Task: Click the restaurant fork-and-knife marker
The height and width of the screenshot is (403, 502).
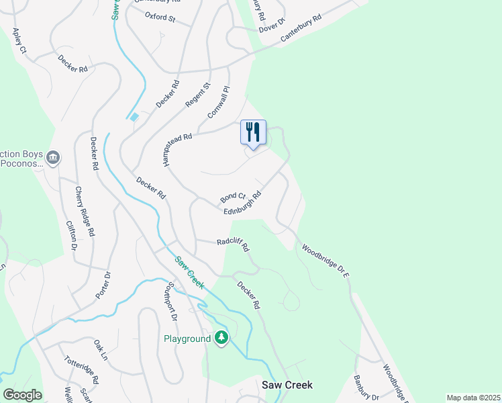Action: pyautogui.click(x=253, y=131)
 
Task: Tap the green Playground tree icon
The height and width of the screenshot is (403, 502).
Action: pyautogui.click(x=221, y=338)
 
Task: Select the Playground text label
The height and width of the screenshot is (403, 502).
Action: pyautogui.click(x=187, y=339)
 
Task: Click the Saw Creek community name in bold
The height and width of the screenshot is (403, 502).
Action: pyautogui.click(x=287, y=385)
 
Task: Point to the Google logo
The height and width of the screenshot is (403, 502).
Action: pyautogui.click(x=22, y=395)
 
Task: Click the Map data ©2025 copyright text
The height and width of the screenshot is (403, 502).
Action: pyautogui.click(x=473, y=398)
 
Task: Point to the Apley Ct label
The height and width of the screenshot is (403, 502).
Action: pyautogui.click(x=19, y=42)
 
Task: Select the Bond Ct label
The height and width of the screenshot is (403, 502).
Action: pyautogui.click(x=233, y=197)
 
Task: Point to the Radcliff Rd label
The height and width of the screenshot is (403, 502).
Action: pyautogui.click(x=233, y=245)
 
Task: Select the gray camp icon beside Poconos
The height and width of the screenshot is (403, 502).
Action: pyautogui.click(x=53, y=158)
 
